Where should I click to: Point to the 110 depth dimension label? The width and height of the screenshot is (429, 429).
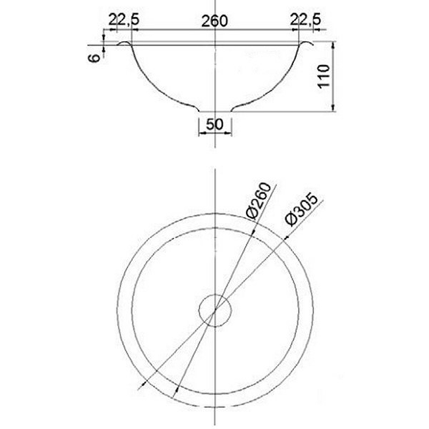[323, 78]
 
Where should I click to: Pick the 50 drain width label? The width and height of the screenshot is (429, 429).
[214, 124]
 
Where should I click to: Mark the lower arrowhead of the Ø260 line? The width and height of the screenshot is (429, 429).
[176, 394]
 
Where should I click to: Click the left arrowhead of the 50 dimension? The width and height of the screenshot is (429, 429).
[200, 132]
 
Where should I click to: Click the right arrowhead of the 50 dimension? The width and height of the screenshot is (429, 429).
[230, 132]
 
